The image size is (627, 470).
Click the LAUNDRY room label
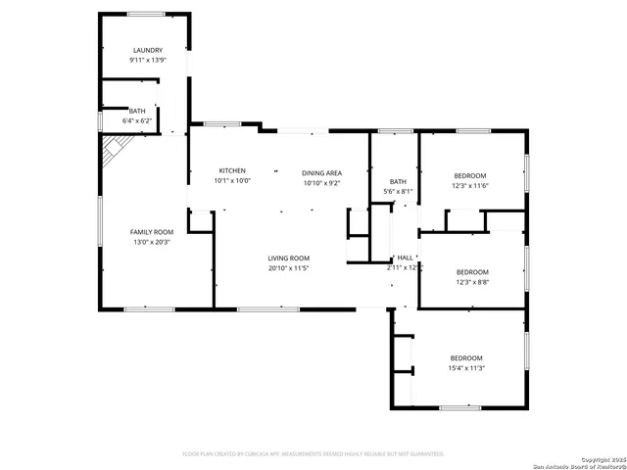pyautogui.click(x=147, y=50)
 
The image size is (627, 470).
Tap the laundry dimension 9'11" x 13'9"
pyautogui.click(x=147, y=61)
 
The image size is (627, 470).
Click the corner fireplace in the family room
pyautogui.click(x=114, y=148)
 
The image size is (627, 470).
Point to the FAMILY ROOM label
pyautogui.click(x=151, y=232)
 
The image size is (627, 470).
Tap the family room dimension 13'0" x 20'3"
pyautogui.click(x=151, y=242)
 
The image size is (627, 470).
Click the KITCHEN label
pyautogui.click(x=232, y=170)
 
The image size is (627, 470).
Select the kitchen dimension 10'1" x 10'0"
pyautogui.click(x=232, y=180)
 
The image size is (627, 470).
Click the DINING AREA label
pyautogui.click(x=321, y=172)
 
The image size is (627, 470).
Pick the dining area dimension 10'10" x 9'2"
pyautogui.click(x=321, y=183)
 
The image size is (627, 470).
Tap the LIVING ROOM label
pyautogui.click(x=289, y=258)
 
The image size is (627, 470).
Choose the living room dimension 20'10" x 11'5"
pyautogui.click(x=289, y=267)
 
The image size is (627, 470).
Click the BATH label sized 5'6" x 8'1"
pyautogui.click(x=398, y=181)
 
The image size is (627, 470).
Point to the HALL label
pyautogui.click(x=405, y=257)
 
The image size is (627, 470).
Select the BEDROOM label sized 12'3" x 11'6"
pyautogui.click(x=470, y=174)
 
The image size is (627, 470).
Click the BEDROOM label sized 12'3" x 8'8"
pyautogui.click(x=472, y=271)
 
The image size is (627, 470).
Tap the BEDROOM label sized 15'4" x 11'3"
pyautogui.click(x=466, y=357)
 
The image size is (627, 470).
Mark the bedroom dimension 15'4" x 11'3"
pyautogui.click(x=466, y=368)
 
